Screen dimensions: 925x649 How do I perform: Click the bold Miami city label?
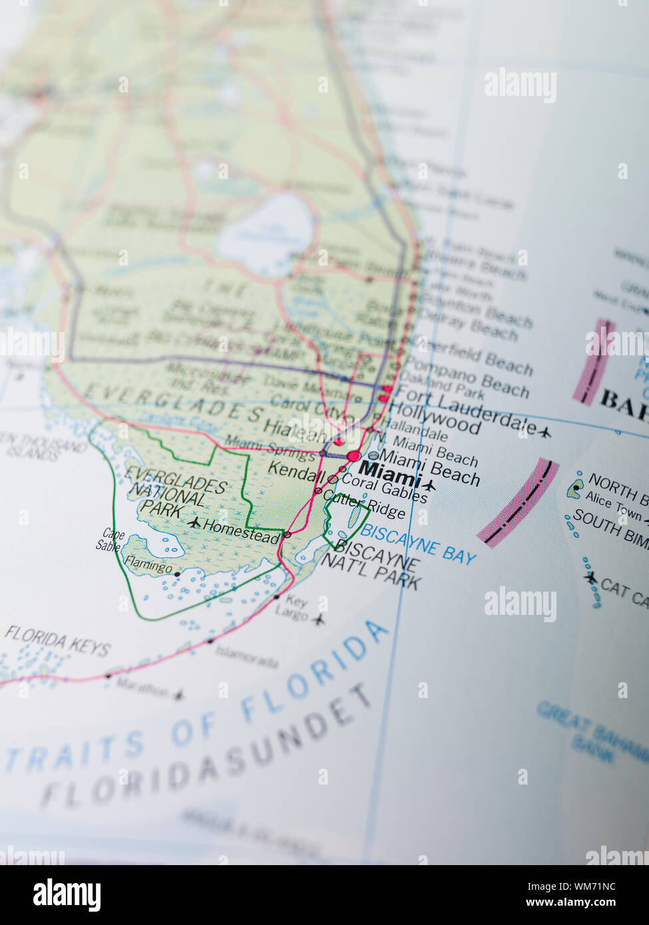[389, 475]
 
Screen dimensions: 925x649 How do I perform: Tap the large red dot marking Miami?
[353, 457]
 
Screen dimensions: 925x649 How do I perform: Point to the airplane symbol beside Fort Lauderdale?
[544, 433]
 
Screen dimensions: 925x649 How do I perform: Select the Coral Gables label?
[384, 489]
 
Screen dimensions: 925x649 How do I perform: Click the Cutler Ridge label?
[365, 504]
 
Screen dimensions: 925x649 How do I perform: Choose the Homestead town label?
[241, 531]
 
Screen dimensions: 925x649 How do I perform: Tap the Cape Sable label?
[110, 540]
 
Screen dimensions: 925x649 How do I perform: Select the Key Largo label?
[293, 606]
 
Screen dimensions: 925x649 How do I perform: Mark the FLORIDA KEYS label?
[57, 641]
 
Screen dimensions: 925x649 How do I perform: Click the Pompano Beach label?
[467, 377]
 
